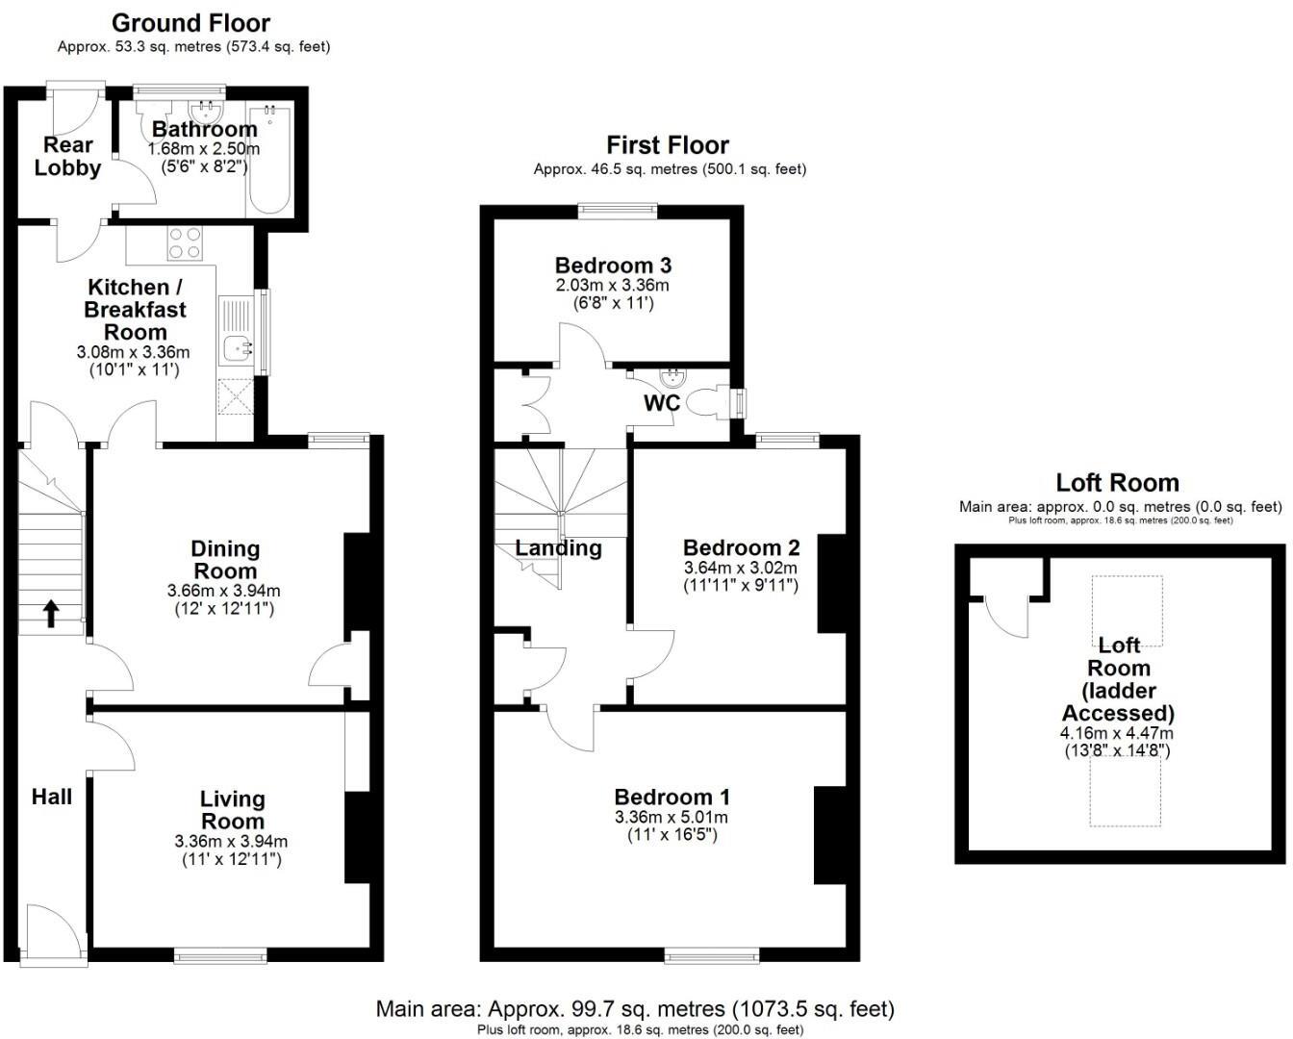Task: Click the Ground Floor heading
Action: click(190, 23)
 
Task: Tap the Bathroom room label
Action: click(204, 129)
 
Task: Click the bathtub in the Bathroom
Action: click(269, 162)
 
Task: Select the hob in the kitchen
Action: click(185, 242)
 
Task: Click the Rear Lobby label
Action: click(67, 157)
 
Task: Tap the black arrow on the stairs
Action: click(50, 613)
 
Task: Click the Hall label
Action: click(52, 797)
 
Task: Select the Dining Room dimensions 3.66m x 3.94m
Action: click(224, 591)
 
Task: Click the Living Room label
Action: click(232, 810)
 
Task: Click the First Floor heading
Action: click(668, 145)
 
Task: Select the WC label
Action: click(662, 403)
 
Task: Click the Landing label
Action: click(558, 548)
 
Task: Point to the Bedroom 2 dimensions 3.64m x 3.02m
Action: click(741, 568)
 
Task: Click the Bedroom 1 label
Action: click(672, 798)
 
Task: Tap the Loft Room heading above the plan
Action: click(1117, 483)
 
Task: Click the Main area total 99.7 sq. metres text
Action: click(635, 1009)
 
